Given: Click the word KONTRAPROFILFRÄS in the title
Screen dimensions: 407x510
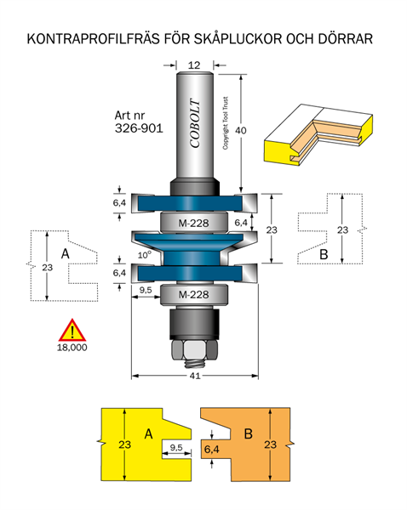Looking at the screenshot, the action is coord(93,39).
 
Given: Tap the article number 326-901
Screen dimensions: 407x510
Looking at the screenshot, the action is coord(139,128).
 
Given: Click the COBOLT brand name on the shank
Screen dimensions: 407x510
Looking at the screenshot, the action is coord(195,123).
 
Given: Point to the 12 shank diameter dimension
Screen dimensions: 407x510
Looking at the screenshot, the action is coord(194,65).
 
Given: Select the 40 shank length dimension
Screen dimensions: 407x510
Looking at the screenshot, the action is coord(241,130).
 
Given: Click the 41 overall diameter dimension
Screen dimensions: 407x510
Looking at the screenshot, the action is coord(195,376).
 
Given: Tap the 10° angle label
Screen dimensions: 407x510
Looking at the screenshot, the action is coord(145,255).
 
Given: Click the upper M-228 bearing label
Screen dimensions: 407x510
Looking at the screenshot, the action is coord(193,223).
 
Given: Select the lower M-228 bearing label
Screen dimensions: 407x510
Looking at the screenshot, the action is coord(193,295).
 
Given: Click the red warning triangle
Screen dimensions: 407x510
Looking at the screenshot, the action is coord(72,331).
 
